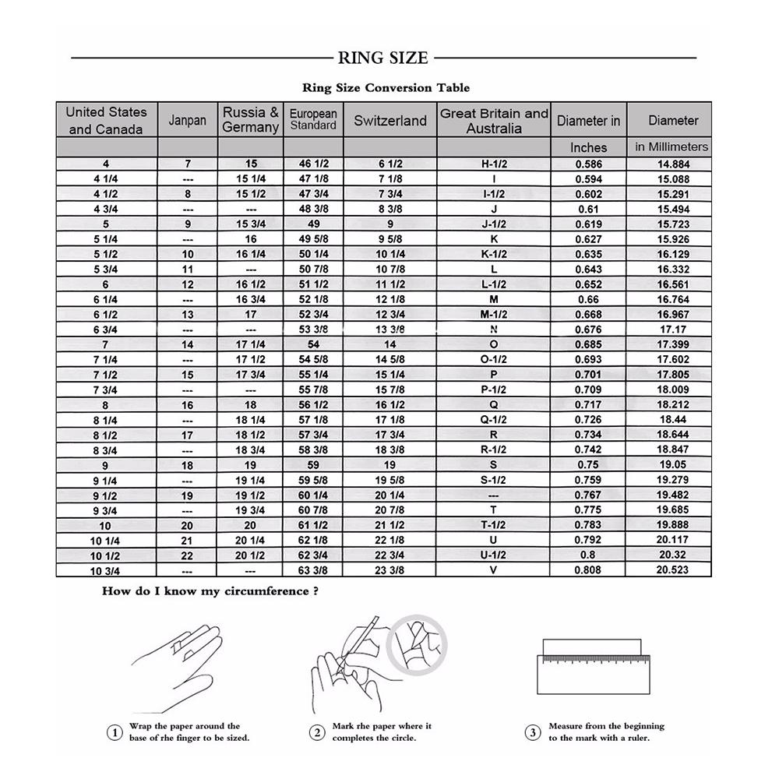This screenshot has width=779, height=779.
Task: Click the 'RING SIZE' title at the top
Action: tap(382, 58)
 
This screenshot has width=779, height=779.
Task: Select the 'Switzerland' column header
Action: tap(390, 121)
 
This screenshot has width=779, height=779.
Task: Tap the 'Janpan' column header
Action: tap(188, 121)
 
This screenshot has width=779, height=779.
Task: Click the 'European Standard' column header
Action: tap(313, 120)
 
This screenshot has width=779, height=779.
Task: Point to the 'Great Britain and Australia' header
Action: tap(494, 121)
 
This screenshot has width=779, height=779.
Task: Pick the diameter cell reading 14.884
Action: tap(673, 164)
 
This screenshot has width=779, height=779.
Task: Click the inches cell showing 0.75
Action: tap(588, 466)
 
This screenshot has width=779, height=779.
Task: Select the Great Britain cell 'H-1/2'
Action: tap(494, 164)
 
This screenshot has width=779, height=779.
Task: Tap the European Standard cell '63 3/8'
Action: tap(313, 571)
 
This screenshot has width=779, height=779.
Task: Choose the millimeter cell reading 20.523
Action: tap(673, 571)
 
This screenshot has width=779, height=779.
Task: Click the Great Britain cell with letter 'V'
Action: tap(494, 571)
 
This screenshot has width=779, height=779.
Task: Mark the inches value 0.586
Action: tap(588, 164)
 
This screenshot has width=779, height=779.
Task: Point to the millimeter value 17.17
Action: tap(673, 330)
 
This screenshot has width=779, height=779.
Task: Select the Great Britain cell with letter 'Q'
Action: tap(494, 405)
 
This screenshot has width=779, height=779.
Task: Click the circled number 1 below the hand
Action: tap(115, 732)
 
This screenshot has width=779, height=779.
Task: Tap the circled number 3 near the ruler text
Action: tap(533, 732)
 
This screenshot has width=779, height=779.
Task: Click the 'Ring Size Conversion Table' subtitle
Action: tap(386, 88)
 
